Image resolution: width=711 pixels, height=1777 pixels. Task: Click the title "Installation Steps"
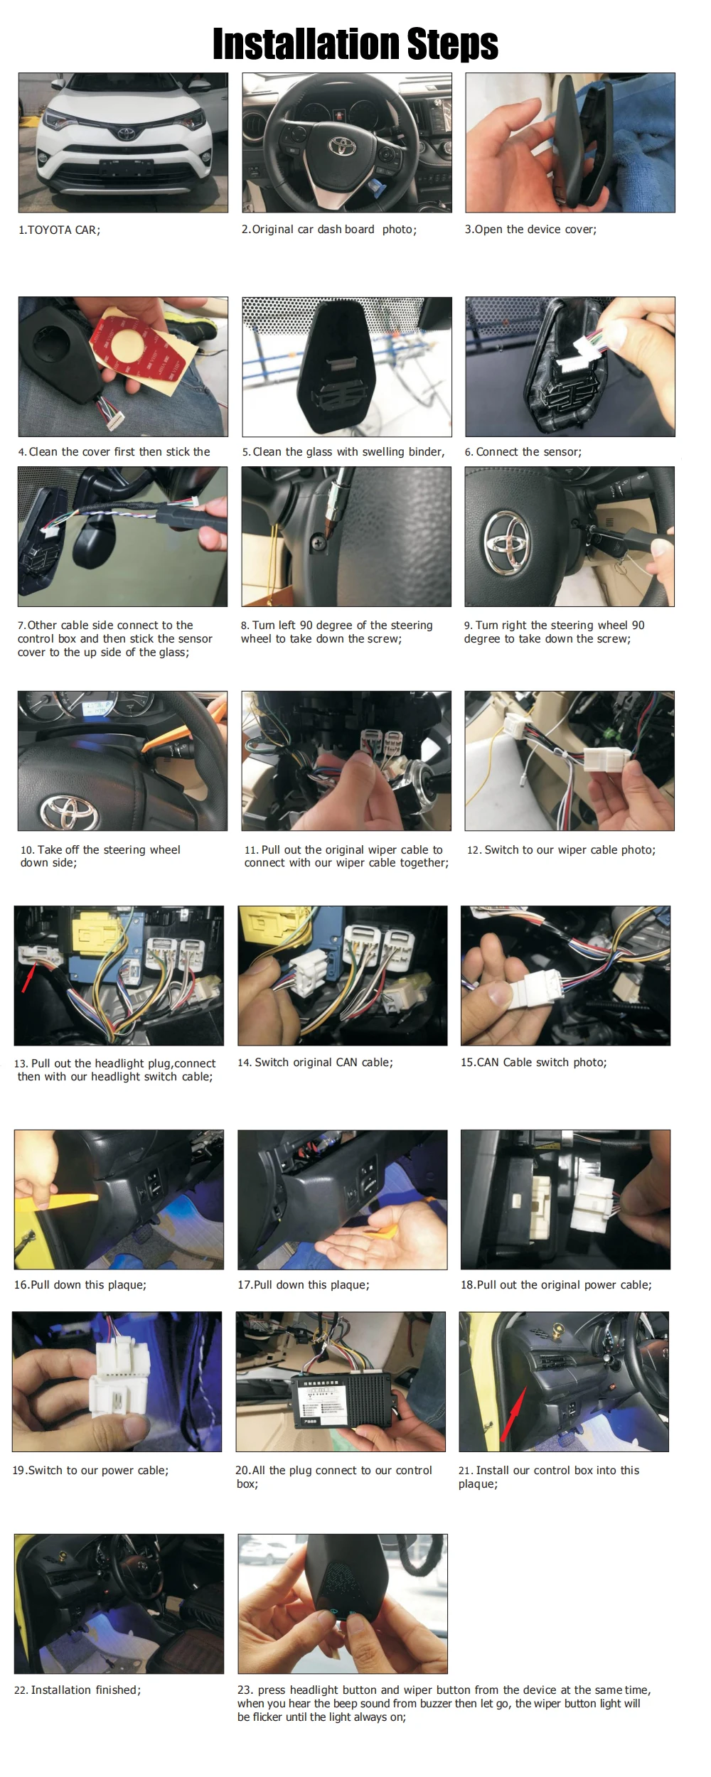point(355,43)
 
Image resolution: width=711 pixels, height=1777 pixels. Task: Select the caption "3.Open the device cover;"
point(530,230)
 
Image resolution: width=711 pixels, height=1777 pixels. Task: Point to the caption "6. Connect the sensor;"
point(523,452)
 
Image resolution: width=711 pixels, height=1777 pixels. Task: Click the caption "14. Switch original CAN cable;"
point(315,1063)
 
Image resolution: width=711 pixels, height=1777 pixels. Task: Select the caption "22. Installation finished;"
point(77,1690)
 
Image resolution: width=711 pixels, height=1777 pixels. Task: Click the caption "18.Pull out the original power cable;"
point(556,1285)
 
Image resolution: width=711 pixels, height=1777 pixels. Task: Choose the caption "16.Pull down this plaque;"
point(80,1285)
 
